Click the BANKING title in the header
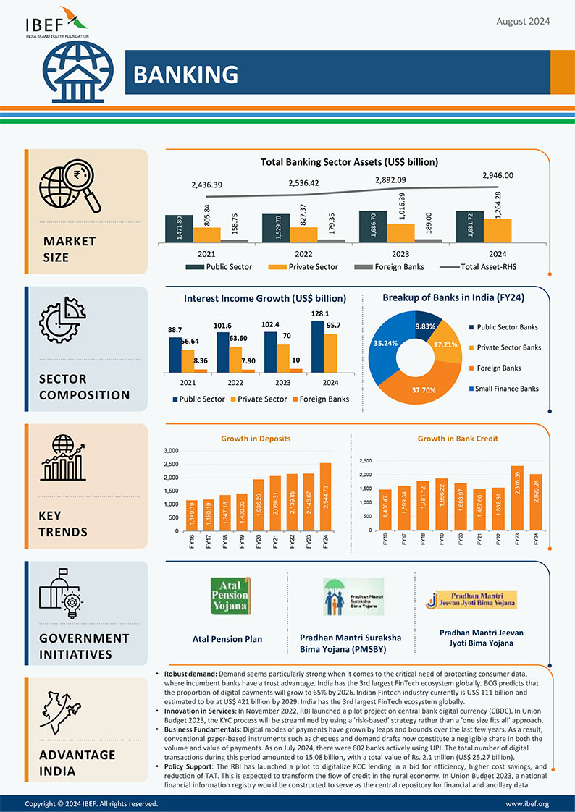[185, 74]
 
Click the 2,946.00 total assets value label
[498, 175]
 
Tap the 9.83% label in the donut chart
[426, 327]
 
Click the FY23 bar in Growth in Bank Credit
[517, 498]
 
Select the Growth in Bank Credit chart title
[458, 439]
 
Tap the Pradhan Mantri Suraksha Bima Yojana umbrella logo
[353, 596]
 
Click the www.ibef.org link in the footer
[527, 803]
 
